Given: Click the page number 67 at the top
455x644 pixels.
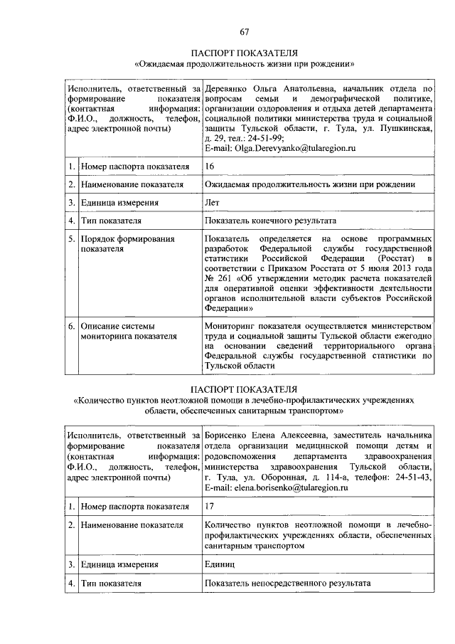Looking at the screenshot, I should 244,31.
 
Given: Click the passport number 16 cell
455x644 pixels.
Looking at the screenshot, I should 209,166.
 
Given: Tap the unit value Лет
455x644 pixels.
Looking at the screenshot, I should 212,203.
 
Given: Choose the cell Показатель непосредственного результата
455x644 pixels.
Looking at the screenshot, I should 287,583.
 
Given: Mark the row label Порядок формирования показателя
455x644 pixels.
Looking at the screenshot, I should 127,245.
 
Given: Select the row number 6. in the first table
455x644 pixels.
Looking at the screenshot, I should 72,326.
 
